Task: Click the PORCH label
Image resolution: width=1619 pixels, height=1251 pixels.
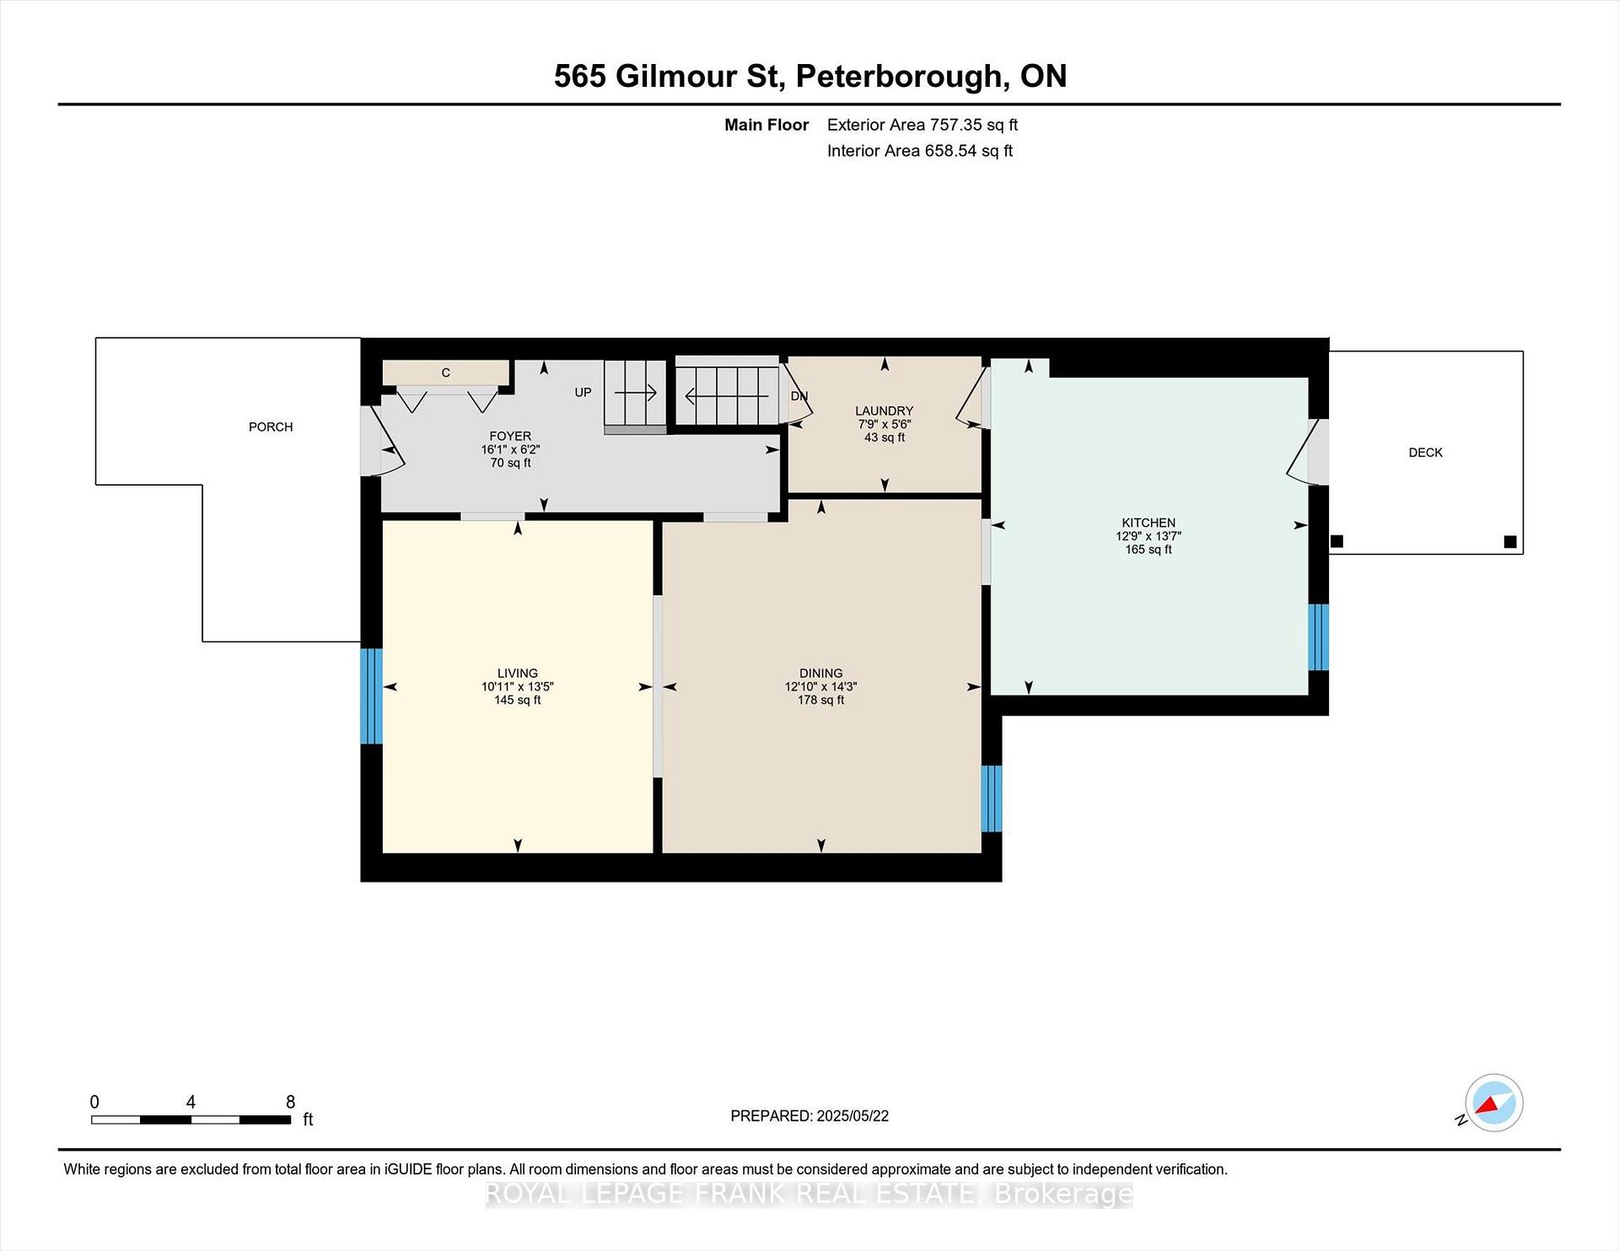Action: pos(271,427)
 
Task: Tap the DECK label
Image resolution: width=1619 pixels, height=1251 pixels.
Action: pos(1425,453)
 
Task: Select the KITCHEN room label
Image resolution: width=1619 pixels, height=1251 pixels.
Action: pos(1148,523)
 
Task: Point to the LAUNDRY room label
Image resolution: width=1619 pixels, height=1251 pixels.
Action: pos(884,411)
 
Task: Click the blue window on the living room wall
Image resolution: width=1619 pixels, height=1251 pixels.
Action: pos(371,696)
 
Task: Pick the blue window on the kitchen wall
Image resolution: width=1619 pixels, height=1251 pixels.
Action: pos(1318,637)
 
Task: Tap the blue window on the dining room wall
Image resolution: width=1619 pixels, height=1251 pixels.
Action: pos(992,798)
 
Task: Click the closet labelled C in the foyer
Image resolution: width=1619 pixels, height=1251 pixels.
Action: pos(446,373)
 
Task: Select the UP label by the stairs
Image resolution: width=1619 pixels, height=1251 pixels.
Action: pos(583,392)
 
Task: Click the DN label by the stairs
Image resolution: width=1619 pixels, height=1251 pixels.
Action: pos(799,396)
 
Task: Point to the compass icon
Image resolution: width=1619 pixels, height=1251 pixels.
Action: pos(1493,1103)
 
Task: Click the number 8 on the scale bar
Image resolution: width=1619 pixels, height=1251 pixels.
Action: pos(290,1102)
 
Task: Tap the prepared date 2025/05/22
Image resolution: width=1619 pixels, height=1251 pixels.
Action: pos(853,1116)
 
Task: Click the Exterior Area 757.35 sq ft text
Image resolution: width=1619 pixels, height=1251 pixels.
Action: pos(922,125)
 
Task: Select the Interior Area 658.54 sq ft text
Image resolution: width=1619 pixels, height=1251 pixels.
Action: pos(920,151)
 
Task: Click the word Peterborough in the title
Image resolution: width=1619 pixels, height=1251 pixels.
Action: pos(900,77)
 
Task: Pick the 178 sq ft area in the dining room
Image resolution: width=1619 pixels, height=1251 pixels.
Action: pos(820,700)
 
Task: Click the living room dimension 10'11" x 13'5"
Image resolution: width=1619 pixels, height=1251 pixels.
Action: pos(517,687)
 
